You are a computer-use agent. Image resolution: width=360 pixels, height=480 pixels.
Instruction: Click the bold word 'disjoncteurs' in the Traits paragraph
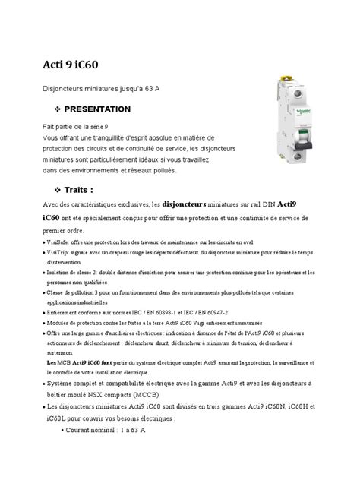188,204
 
